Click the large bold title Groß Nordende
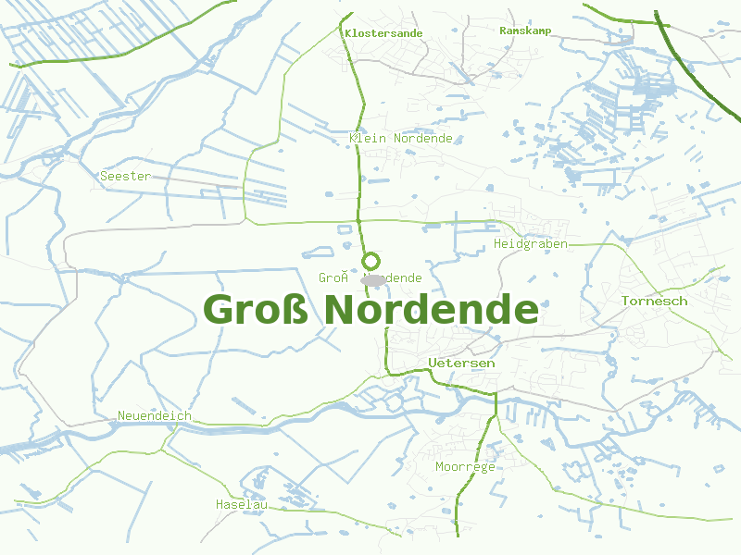370,310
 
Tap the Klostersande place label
383,33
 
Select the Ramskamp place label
525,31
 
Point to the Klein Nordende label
401,139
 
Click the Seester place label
125,176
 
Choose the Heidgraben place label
531,244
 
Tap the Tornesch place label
655,302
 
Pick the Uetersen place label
462,364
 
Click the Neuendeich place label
155,416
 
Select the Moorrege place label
465,467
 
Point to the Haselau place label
241,505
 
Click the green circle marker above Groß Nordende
370,261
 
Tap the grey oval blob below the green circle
373,278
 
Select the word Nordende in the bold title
432,310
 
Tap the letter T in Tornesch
626,302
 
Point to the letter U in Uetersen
433,364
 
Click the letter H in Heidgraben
498,244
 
